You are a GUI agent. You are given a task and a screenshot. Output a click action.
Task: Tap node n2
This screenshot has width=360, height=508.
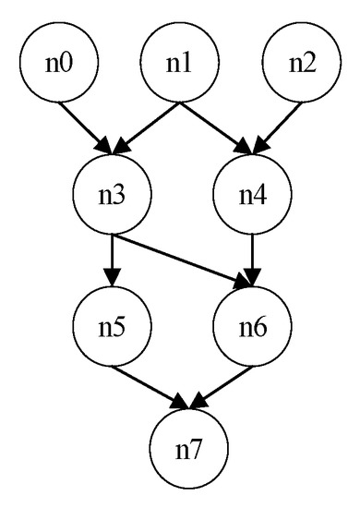301,67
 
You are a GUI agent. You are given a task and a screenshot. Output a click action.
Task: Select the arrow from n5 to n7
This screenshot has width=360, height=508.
148,386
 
